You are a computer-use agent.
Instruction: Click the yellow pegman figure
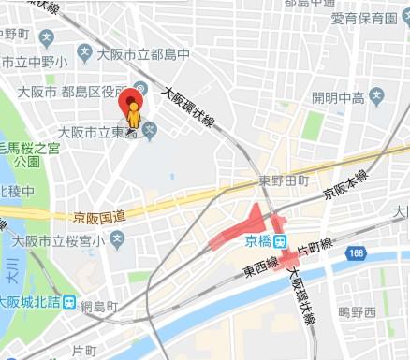click(x=134, y=119)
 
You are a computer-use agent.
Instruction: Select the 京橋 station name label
click(x=257, y=241)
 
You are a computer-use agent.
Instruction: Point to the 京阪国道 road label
click(x=98, y=217)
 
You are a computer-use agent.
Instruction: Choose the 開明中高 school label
click(x=338, y=97)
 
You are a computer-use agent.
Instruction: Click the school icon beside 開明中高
click(x=376, y=96)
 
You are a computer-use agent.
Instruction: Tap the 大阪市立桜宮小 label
click(x=63, y=239)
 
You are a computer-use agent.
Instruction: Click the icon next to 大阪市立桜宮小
click(x=117, y=239)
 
